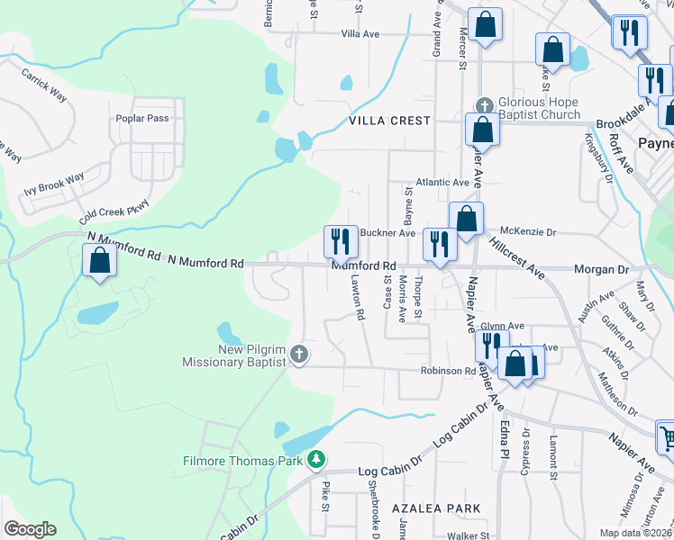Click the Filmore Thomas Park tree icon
tap(315, 461)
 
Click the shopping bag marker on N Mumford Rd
tap(99, 261)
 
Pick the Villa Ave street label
tap(360, 33)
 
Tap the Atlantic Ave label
tap(442, 182)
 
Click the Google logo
tap(30, 529)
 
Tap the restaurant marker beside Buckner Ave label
tap(341, 241)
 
